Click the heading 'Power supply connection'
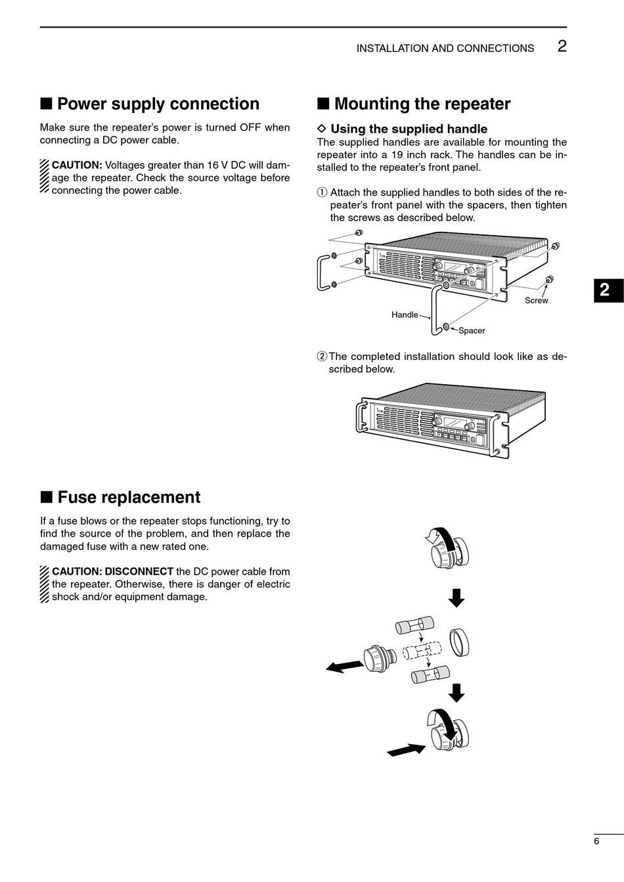click(x=158, y=104)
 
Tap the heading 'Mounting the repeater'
click(x=422, y=104)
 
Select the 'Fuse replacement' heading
click(x=129, y=497)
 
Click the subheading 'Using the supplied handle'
click(x=409, y=129)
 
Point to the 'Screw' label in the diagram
click(x=536, y=300)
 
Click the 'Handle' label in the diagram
click(x=405, y=315)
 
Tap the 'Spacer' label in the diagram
click(x=472, y=330)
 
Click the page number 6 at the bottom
click(x=596, y=841)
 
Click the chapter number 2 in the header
click(x=562, y=46)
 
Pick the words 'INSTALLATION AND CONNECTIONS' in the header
click(x=445, y=49)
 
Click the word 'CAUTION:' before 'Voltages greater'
click(x=77, y=165)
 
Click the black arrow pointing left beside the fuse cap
click(x=344, y=667)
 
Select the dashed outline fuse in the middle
click(x=421, y=651)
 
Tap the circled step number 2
click(x=322, y=357)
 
